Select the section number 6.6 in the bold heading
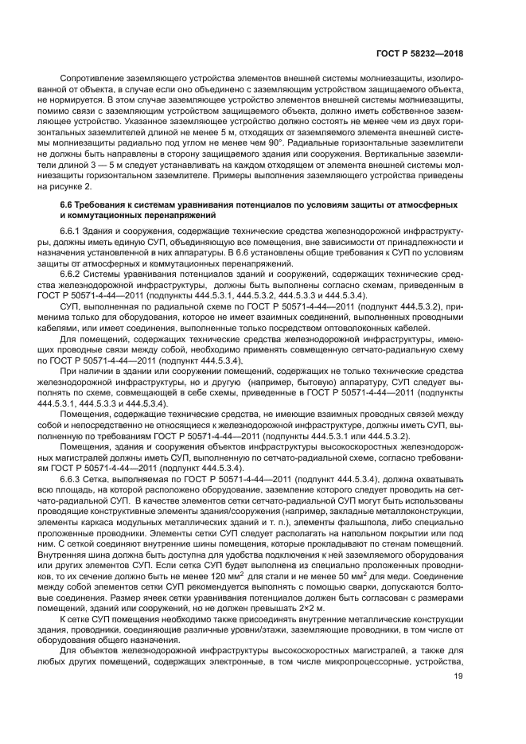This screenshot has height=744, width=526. [68, 205]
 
